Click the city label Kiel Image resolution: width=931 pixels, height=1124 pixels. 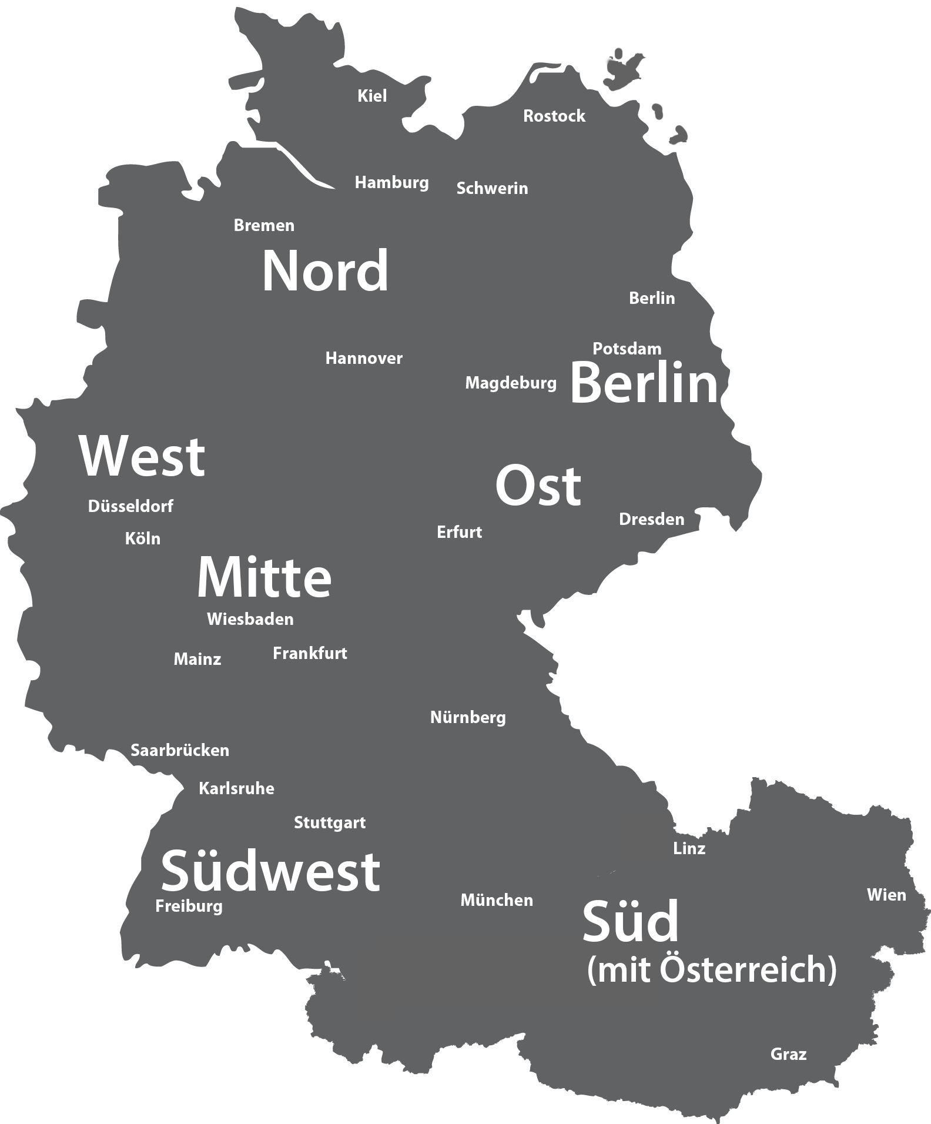pos(372,96)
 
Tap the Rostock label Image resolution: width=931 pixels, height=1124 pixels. pos(554,116)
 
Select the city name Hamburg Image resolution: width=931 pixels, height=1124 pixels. pos(391,183)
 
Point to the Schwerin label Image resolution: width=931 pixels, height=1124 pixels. pos(492,188)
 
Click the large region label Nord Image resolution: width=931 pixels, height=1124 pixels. pos(325,272)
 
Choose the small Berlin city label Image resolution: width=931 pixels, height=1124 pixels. pos(652,298)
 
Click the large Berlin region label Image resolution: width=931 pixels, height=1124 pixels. pos(644,384)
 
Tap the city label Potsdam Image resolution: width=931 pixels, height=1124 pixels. pos(627,349)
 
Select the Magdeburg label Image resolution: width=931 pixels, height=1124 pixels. pos(511,383)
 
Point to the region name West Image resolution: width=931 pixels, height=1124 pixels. pos(142,457)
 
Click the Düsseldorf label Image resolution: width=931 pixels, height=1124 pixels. pos(130,506)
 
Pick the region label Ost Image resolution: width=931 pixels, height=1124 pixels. pos(538,486)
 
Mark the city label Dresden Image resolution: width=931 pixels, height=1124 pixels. pos(651,519)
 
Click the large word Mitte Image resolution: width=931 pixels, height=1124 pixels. pos(264,577)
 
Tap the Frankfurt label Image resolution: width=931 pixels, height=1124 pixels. pos(310,653)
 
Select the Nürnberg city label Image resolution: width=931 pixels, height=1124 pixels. pos(468,717)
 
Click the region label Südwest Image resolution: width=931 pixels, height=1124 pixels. pos(270,871)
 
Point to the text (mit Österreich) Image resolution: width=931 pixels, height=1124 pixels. pos(711,969)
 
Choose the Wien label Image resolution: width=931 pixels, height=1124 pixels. pos(886,895)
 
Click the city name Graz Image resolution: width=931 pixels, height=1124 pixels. pos(788,1054)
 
